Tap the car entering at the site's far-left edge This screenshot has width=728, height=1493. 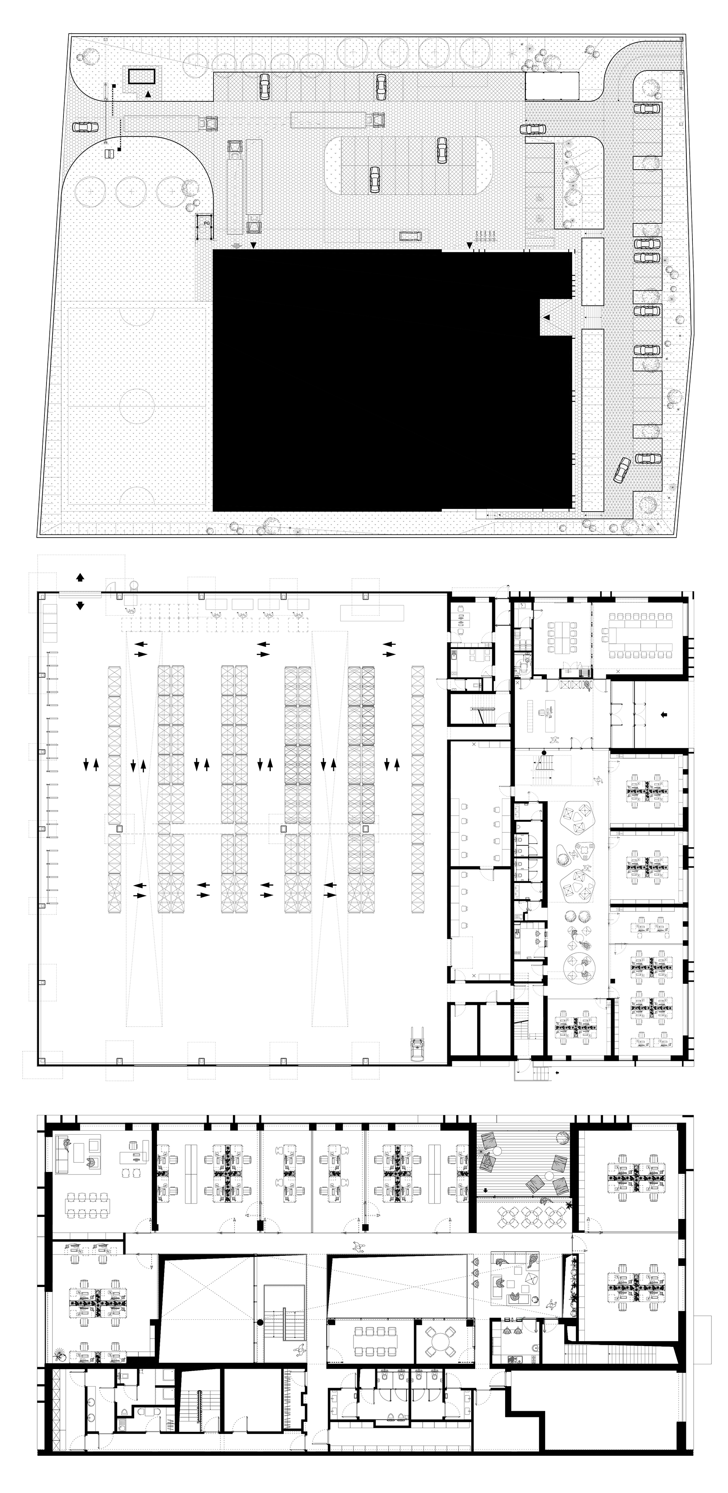pyautogui.click(x=85, y=127)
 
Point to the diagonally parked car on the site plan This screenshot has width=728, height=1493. pyautogui.click(x=622, y=470)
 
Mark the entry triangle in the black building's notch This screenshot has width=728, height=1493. pyautogui.click(x=546, y=317)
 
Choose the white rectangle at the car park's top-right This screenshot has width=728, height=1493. pyautogui.click(x=552, y=86)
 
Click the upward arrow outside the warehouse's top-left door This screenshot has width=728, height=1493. pyautogui.click(x=80, y=577)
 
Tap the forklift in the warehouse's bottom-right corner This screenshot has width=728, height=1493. pyautogui.click(x=417, y=1043)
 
